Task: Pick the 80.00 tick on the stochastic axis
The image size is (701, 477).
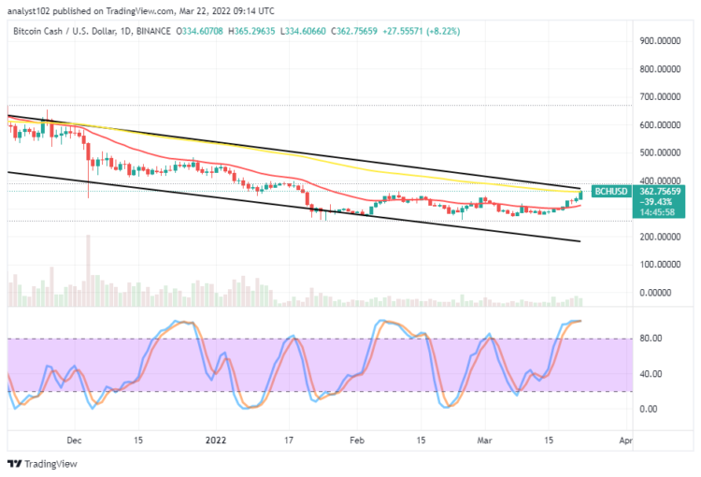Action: click(x=651, y=339)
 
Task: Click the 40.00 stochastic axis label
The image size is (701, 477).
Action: click(x=651, y=374)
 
